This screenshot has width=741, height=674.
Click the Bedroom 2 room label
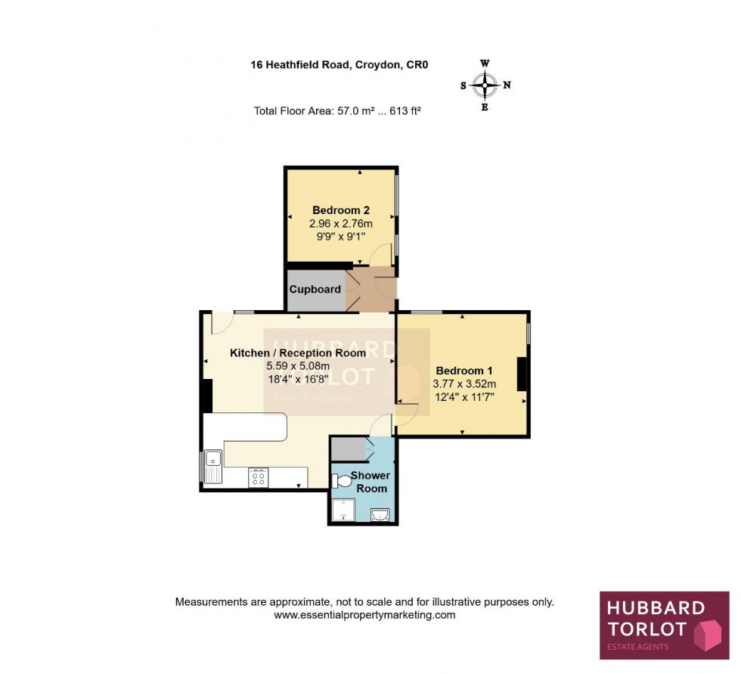(341, 210)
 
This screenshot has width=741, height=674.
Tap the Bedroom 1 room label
(464, 371)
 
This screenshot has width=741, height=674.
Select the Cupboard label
(315, 289)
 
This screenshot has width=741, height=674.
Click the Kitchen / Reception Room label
(298, 353)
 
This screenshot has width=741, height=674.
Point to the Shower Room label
(370, 482)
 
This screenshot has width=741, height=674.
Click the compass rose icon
(485, 85)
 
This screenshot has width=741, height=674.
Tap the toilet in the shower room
(341, 480)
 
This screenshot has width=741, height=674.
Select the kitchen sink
(212, 464)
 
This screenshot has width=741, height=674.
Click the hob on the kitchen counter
(258, 477)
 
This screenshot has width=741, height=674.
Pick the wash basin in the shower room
(381, 516)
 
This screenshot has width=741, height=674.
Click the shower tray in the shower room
(344, 512)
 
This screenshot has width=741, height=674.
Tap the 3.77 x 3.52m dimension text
(464, 384)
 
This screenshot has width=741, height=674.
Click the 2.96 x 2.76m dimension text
(341, 223)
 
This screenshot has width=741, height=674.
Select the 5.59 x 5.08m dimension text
(298, 365)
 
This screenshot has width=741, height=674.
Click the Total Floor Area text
(337, 110)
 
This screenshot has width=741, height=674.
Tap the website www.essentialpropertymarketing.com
(364, 615)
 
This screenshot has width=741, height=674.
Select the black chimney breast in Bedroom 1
(522, 374)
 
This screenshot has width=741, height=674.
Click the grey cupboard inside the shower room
(347, 449)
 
